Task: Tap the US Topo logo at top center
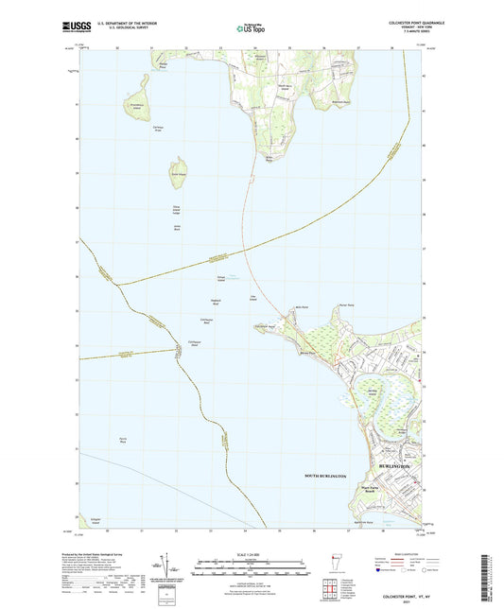click(251, 29)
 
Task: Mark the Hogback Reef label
click(216, 302)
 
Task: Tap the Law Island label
click(252, 299)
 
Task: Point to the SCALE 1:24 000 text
click(251, 553)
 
